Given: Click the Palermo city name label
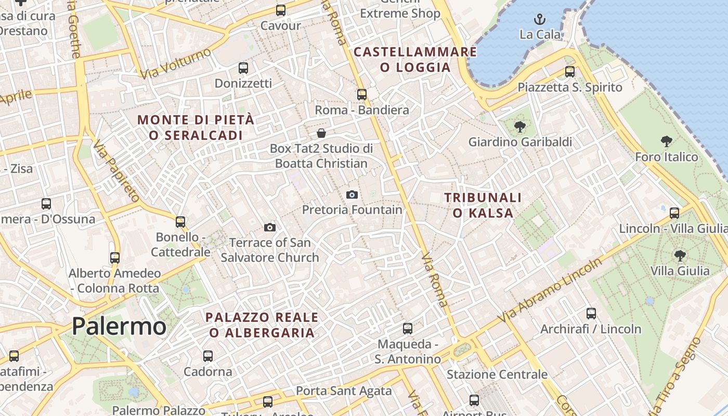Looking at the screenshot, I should pyautogui.click(x=119, y=326).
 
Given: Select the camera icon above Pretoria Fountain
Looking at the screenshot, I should pyautogui.click(x=352, y=195).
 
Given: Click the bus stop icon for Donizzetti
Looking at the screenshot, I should pyautogui.click(x=243, y=68).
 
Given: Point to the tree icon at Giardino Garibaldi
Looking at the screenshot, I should pyautogui.click(x=519, y=126).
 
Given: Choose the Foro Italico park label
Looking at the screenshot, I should pyautogui.click(x=667, y=157).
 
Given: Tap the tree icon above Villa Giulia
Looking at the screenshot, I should pyautogui.click(x=680, y=255).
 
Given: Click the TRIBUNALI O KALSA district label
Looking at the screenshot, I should pyautogui.click(x=483, y=205).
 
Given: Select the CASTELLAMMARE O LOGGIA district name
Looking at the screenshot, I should pyautogui.click(x=415, y=59).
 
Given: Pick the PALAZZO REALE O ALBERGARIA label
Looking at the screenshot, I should pyautogui.click(x=262, y=324).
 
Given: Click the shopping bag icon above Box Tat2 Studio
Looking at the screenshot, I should pyautogui.click(x=321, y=134).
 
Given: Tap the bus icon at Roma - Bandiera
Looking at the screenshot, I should pyautogui.click(x=362, y=95).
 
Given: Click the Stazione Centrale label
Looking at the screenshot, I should pyautogui.click(x=497, y=374).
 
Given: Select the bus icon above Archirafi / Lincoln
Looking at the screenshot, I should pyautogui.click(x=591, y=314).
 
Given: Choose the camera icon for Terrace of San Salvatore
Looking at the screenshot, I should pyautogui.click(x=269, y=227).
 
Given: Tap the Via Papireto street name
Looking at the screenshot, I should pyautogui.click(x=117, y=170).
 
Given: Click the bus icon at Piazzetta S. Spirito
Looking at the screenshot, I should pyautogui.click(x=570, y=72).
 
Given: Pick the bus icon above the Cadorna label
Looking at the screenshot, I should pyautogui.click(x=208, y=356).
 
